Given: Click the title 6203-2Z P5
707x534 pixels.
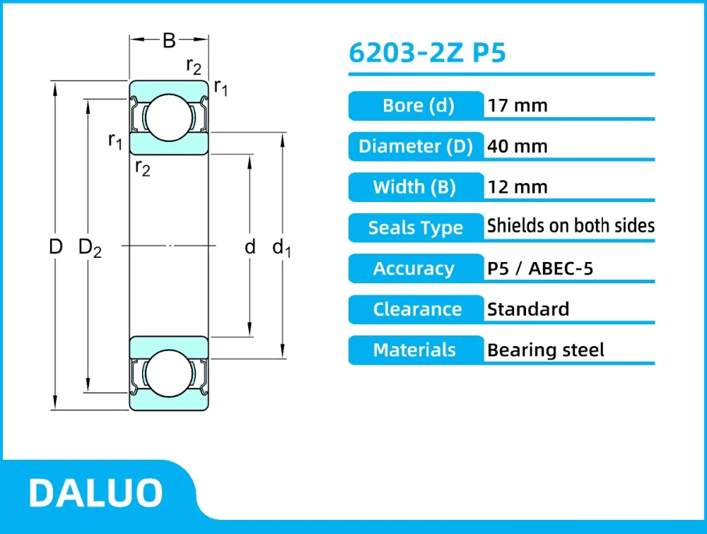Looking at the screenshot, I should [x=427, y=54].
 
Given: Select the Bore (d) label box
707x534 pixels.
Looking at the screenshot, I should [x=417, y=106].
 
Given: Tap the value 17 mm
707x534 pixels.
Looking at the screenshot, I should [x=518, y=106].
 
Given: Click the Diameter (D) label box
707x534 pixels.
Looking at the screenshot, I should [x=416, y=146].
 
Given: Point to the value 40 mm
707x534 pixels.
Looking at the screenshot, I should [x=518, y=146].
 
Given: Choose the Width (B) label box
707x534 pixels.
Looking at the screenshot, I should [x=416, y=187].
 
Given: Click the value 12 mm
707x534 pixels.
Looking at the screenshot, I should [x=518, y=187].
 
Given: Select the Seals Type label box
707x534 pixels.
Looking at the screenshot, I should [x=416, y=228].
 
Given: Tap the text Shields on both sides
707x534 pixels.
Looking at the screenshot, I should [x=571, y=226].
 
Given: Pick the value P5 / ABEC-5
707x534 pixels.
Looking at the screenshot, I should [x=540, y=268].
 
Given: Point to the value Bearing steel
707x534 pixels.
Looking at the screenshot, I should [x=546, y=350].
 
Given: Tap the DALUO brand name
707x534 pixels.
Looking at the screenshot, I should [x=96, y=493].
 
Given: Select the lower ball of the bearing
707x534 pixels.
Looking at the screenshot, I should [x=168, y=374].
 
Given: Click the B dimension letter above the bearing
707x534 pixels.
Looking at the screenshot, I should [x=169, y=41].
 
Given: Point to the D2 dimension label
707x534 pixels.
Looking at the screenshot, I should [x=90, y=247].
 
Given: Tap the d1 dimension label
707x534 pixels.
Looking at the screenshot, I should [x=282, y=247].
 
